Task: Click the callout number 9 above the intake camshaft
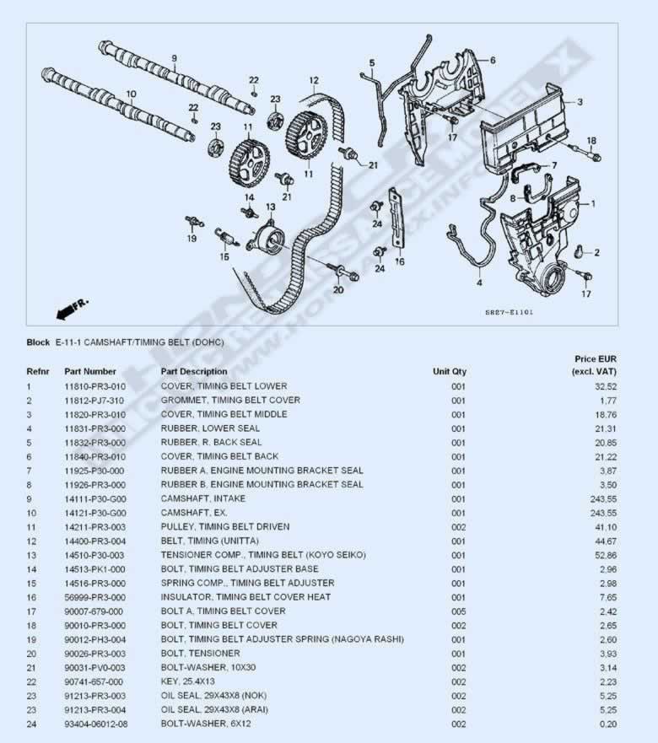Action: click(x=174, y=58)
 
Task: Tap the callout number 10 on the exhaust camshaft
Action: click(x=132, y=94)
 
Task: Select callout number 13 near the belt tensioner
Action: click(x=270, y=207)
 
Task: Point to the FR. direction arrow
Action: click(x=72, y=309)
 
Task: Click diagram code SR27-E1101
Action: click(x=510, y=312)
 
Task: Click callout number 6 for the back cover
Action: click(x=493, y=60)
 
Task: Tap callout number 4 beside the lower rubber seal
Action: click(x=479, y=283)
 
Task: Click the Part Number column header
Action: click(x=90, y=371)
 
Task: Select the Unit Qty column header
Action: click(x=450, y=371)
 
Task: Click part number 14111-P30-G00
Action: click(x=95, y=499)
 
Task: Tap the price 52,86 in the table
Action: click(x=606, y=556)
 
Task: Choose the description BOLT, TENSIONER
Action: click(x=201, y=654)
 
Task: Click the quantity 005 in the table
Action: click(x=458, y=611)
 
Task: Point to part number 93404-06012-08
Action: click(x=96, y=724)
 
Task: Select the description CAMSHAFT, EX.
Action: click(x=194, y=513)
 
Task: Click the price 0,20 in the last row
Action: click(x=608, y=724)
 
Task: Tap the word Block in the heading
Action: click(x=38, y=342)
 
